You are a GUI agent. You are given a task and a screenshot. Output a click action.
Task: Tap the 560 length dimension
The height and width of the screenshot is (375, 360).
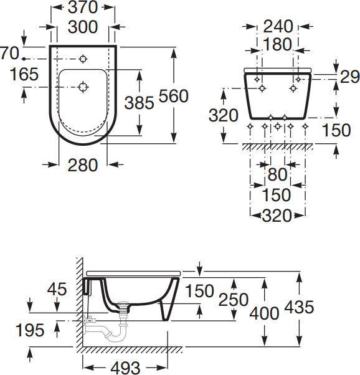[x=174, y=96]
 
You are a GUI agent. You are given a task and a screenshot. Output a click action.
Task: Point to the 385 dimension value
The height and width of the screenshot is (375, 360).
[x=139, y=103]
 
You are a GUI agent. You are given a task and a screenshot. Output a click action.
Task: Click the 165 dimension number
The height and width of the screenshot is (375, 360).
[x=24, y=74]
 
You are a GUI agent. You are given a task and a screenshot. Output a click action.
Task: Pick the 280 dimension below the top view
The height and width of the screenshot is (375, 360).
[x=82, y=165]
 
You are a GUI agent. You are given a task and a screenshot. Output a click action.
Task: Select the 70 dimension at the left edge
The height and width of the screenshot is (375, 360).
[x=7, y=54]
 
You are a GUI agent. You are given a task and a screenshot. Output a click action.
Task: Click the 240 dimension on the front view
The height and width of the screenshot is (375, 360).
[x=277, y=26]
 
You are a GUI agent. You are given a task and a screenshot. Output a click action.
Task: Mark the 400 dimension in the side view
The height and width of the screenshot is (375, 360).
[x=264, y=313]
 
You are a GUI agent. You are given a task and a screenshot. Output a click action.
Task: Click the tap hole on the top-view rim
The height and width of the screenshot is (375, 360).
[x=83, y=59]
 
